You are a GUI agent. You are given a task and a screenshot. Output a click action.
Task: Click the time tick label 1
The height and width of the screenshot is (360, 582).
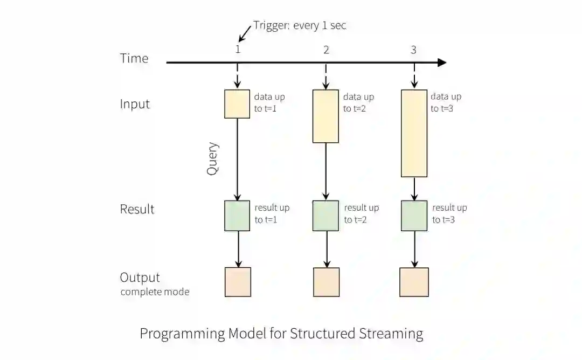pos(237,50)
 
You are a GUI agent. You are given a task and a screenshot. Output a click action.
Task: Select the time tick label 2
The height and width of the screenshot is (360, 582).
pos(326,50)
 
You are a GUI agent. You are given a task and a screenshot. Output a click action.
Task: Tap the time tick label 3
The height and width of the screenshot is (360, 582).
pos(413,50)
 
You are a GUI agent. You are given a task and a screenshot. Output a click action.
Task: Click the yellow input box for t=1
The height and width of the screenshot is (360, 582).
pos(237,104)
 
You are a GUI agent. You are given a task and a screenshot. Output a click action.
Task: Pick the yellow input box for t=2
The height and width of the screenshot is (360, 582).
pos(326,116)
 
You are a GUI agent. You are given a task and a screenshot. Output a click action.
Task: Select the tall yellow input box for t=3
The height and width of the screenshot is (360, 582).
pos(414,133)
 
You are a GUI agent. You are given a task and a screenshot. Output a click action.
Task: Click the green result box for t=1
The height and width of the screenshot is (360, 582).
pos(237,216)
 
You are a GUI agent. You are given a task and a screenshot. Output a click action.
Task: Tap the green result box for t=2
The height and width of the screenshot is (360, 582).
pos(326,216)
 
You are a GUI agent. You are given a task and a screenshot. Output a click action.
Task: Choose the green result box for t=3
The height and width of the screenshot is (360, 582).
pos(414,216)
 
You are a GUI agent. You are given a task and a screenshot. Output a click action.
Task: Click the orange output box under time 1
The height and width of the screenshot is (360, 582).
pos(238,282)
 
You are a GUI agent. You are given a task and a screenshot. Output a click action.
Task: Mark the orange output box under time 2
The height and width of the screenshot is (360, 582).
pos(326,282)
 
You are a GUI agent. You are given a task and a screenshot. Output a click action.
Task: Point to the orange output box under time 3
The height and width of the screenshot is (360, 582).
pos(414,282)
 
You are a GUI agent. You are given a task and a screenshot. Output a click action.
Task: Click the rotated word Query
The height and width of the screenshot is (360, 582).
pos(212,158)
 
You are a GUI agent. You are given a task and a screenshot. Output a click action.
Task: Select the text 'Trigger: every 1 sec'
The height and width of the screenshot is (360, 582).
pos(300,26)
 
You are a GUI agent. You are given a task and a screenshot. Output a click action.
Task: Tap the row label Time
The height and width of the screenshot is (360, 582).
pos(134,59)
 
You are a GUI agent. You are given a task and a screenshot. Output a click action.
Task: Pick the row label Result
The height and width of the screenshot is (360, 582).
pos(137,209)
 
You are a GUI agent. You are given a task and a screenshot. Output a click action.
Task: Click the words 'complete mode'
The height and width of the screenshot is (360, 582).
pos(155,292)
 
